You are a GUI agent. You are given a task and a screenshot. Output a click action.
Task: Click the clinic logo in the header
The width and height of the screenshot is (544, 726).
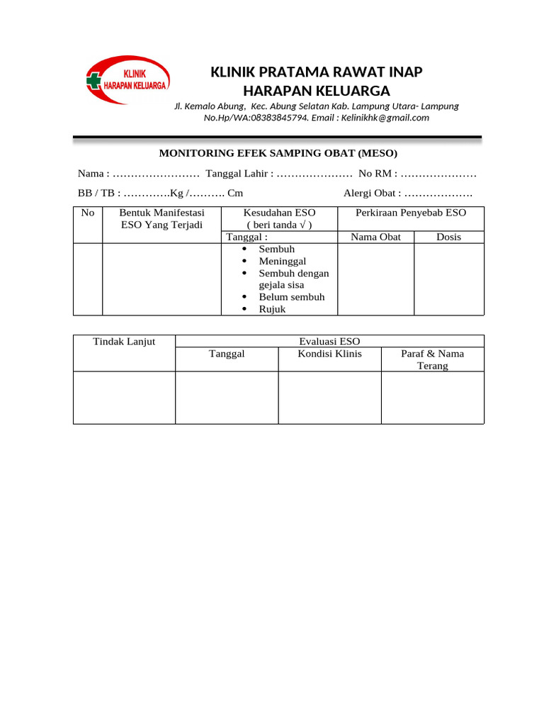pos(127,81)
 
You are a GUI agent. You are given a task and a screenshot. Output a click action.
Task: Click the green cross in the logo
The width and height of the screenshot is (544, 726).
pos(93,81)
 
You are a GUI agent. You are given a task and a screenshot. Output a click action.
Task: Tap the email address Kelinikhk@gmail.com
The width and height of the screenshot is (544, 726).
pos(385,118)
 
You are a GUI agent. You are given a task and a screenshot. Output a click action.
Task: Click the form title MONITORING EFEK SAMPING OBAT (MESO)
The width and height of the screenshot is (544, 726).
pos(278,153)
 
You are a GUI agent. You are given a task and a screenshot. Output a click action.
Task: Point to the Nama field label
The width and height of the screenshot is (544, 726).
pos(93,174)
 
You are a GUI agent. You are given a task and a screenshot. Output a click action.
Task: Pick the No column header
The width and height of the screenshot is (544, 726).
pos(88,213)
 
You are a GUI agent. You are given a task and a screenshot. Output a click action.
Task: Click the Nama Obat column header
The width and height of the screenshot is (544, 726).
pos(375,237)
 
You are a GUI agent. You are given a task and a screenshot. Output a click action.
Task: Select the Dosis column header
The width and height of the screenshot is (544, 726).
pos(448,237)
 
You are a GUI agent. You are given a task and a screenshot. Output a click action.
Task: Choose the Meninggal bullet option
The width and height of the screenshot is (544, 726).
pos(282,261)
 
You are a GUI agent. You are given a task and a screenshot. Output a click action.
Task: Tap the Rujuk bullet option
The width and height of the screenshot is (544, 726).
pos(272,308)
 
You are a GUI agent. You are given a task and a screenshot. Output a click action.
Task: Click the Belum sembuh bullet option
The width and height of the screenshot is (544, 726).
pos(291,296)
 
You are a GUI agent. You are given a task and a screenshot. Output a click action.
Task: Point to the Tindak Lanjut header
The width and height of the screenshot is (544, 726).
pos(124,342)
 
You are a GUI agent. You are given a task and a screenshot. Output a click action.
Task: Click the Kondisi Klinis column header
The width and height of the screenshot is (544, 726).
pos(329,354)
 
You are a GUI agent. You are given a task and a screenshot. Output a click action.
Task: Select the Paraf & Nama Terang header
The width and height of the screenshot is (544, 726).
pos(432,359)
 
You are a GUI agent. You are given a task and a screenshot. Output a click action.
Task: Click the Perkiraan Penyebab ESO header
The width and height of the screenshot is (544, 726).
pos(411,213)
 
